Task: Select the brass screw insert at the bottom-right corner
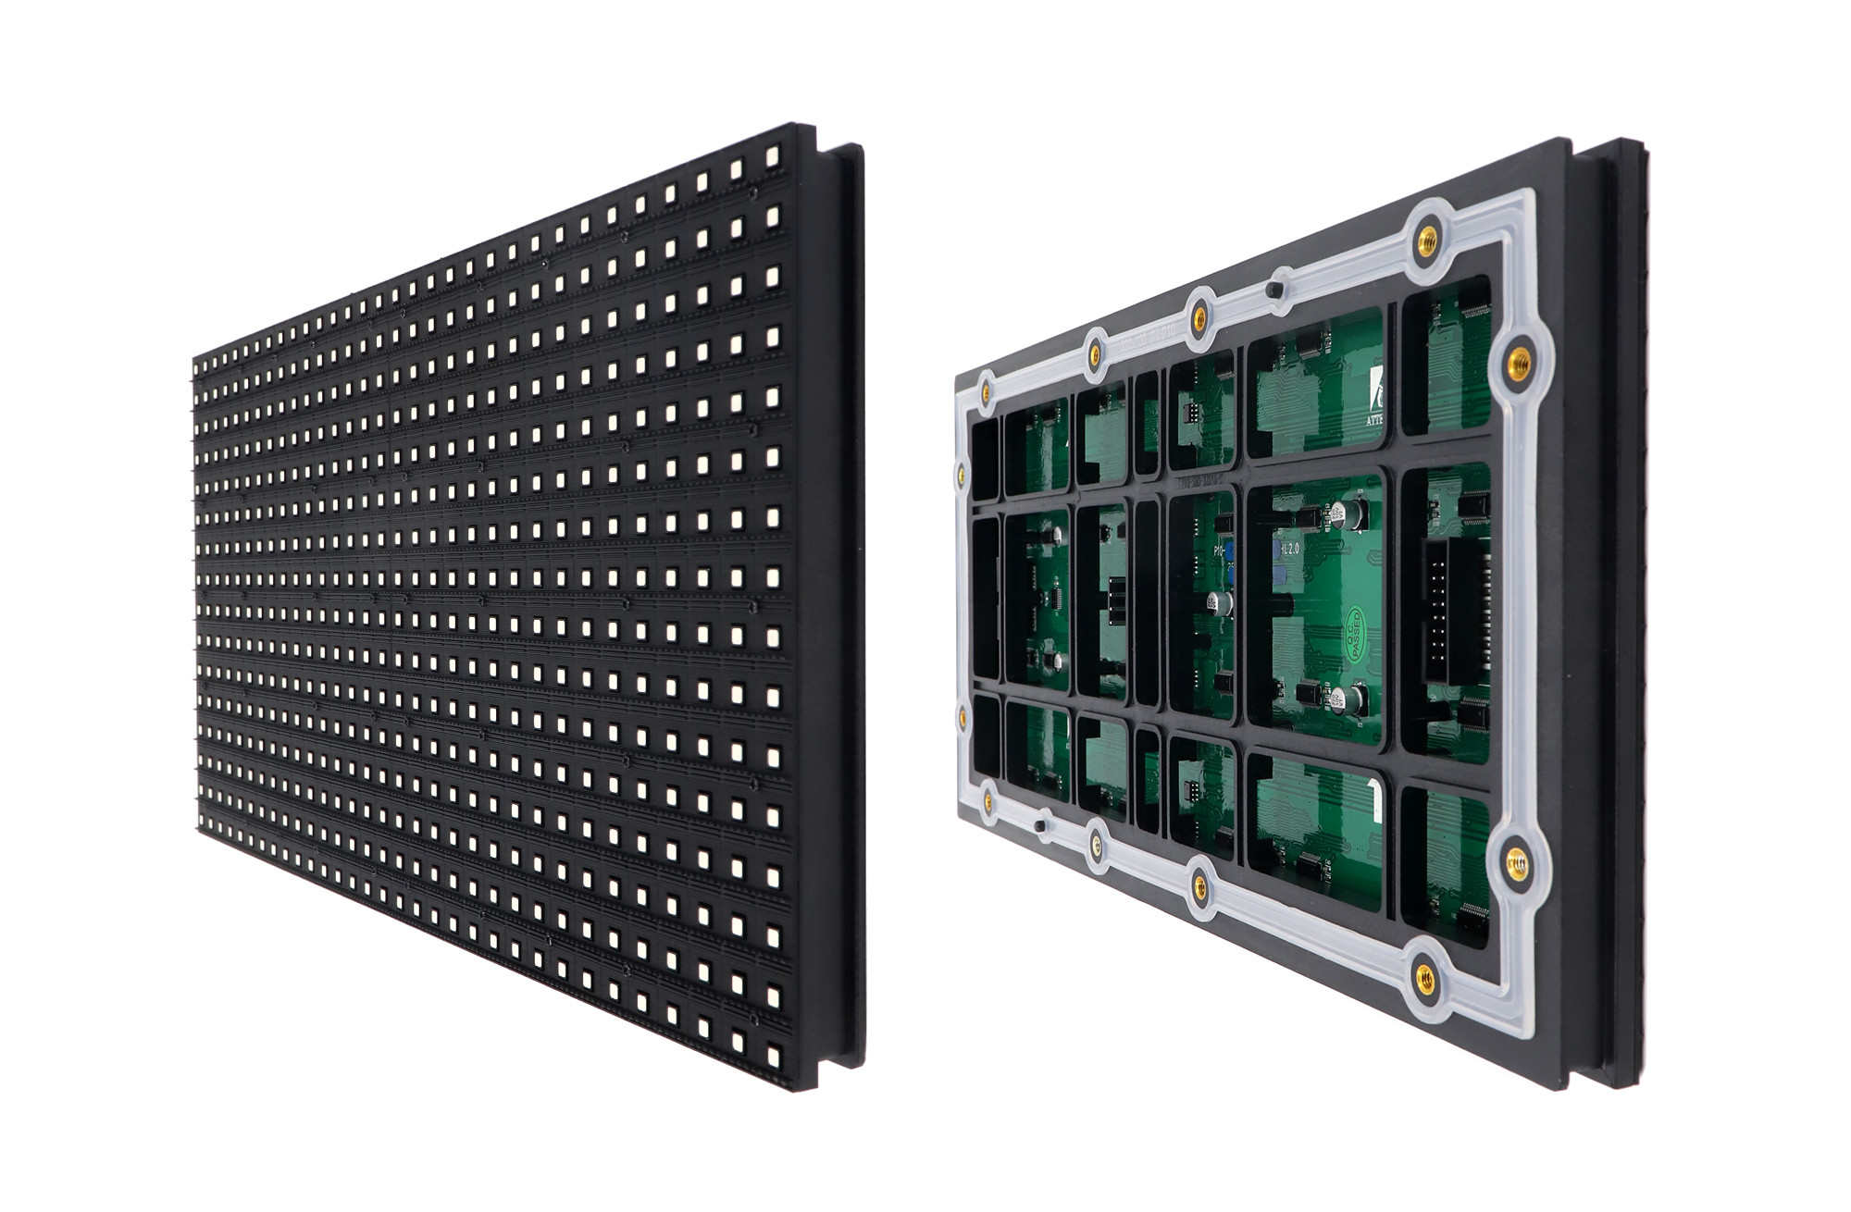tap(1424, 976)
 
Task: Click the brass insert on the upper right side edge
tap(1518, 356)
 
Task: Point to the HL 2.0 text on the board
tap(1289, 549)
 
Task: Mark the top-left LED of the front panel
tap(198, 364)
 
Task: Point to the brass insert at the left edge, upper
tap(962, 475)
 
